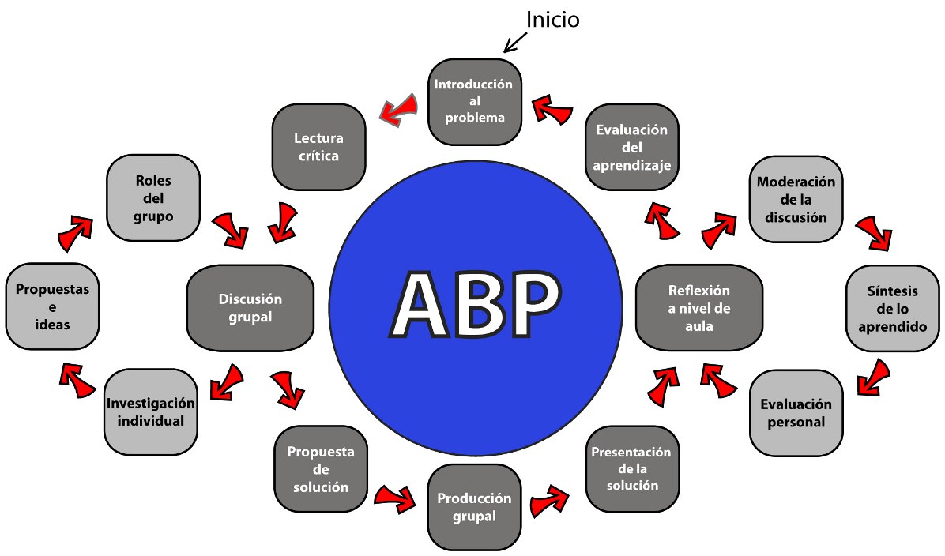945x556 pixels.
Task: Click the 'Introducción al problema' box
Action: point(473,101)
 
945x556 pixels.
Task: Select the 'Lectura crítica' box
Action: point(318,147)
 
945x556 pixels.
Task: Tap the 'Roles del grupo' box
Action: point(152,197)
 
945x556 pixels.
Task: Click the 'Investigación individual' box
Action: point(150,411)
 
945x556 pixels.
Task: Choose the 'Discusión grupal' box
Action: point(250,308)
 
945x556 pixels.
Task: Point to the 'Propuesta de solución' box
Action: point(320,468)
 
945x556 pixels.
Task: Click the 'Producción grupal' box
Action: point(474,508)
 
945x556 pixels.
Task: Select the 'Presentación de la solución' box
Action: point(632,468)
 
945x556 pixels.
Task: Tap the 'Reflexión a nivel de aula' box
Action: point(698,308)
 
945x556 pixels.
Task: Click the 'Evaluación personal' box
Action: point(796,412)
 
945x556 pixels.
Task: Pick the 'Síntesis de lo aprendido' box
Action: point(893,308)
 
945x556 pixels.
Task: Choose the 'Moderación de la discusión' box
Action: point(796,198)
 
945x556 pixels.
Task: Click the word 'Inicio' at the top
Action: point(552,19)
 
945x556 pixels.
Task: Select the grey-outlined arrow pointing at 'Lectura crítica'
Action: point(399,108)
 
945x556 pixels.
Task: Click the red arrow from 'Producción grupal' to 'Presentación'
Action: point(550,500)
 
